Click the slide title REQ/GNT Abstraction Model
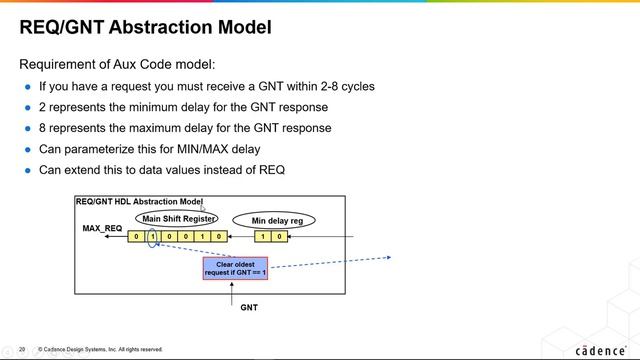pos(145,27)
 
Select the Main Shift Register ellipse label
pos(178,218)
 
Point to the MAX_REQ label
pos(101,229)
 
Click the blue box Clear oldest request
pos(235,268)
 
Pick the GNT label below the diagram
pos(249,307)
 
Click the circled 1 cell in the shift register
pos(153,237)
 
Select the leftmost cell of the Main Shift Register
pos(137,237)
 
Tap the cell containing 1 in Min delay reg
pos(263,237)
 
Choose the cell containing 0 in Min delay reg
pos(279,237)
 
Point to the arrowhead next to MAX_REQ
pos(106,238)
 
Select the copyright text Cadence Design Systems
pos(100,349)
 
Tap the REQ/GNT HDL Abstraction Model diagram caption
pos(139,202)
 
